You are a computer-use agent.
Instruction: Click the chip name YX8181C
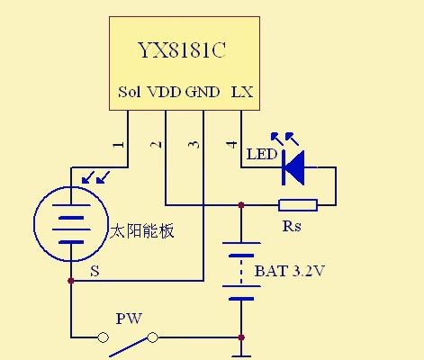point(182,49)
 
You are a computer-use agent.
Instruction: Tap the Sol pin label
point(130,92)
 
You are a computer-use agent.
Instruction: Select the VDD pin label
point(165,92)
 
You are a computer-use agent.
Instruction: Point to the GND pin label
point(203,92)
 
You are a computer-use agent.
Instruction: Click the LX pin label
point(242,92)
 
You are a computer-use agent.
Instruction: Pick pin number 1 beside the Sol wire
point(119,145)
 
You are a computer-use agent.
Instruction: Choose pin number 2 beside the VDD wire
point(156,145)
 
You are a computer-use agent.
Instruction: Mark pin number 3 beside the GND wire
point(194,145)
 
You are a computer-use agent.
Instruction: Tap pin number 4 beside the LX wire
point(231,145)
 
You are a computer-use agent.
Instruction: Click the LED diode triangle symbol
point(293,167)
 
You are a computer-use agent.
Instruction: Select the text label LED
point(262,154)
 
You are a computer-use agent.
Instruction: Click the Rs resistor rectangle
point(298,205)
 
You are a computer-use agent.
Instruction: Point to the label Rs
point(292,226)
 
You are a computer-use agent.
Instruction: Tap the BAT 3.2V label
point(290,271)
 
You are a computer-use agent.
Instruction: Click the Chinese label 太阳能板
point(142,231)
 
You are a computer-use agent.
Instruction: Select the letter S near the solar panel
point(95,271)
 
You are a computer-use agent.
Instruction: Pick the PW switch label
point(129,319)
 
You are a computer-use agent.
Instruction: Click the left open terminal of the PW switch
point(103,337)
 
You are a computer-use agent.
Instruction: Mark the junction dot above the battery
point(241,205)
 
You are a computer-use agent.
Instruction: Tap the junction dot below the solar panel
point(71,281)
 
